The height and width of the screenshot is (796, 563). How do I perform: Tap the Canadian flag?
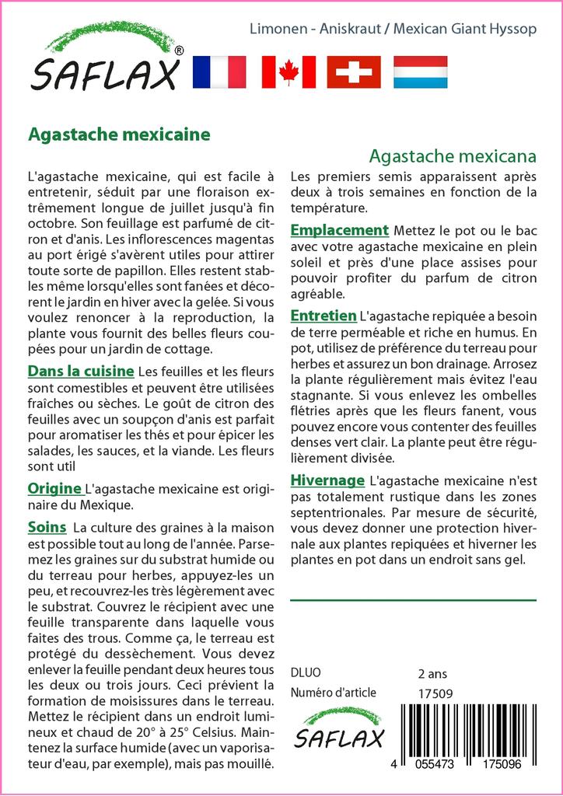click(289, 72)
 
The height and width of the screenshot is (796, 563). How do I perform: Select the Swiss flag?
click(354, 72)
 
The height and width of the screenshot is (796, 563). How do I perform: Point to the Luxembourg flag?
click(420, 72)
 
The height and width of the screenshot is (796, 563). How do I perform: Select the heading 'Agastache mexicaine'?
click(119, 134)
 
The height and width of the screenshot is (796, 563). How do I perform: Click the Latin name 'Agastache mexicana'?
click(453, 155)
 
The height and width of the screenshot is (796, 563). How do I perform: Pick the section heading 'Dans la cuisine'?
click(81, 371)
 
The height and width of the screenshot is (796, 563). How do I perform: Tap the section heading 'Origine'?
click(55, 488)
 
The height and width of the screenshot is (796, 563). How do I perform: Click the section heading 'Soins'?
click(47, 527)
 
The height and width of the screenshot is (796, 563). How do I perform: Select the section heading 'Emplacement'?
click(339, 230)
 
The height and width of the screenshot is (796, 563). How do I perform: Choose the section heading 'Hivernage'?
click(327, 480)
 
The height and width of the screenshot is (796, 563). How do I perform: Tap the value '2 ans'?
click(432, 673)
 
